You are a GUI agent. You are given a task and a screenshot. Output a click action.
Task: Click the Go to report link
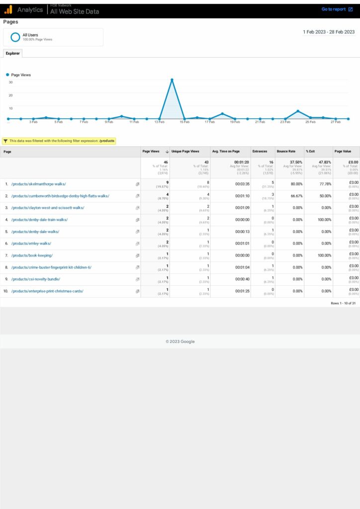tap(336, 9)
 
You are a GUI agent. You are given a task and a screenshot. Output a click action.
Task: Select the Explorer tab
tap(12, 53)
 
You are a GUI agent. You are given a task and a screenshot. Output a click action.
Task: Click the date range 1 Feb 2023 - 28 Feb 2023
tap(329, 32)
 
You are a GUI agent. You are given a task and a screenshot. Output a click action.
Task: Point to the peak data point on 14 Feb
tap(172, 80)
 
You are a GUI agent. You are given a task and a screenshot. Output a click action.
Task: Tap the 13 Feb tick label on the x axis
tap(159, 122)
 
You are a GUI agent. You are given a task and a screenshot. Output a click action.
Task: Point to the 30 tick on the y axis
tap(10, 83)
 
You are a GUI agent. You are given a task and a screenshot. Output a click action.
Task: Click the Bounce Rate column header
tap(286, 152)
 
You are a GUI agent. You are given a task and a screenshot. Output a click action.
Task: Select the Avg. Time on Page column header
tap(226, 152)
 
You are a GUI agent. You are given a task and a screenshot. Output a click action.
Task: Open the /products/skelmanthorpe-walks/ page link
tap(38, 184)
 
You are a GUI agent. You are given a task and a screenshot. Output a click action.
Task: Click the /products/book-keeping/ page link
tap(32, 255)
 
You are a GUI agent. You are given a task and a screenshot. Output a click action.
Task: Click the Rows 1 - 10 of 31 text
tap(343, 303)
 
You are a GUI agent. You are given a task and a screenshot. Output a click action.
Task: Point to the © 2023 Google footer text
tap(180, 341)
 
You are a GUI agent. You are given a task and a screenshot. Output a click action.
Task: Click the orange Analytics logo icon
tap(8, 9)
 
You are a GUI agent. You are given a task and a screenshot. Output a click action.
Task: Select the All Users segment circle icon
tap(15, 37)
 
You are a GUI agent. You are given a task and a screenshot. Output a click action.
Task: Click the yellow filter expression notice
tap(59, 141)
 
